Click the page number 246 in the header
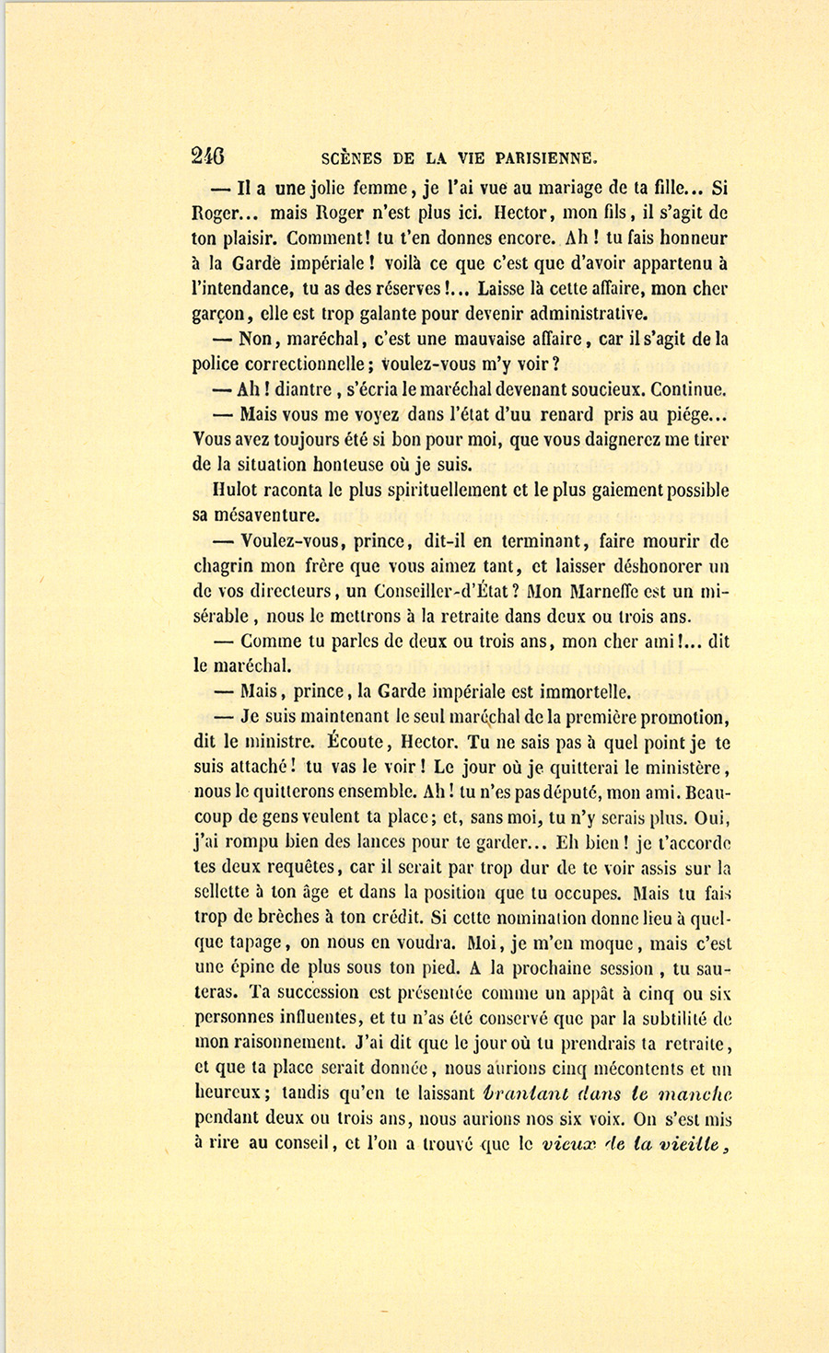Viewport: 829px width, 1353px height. pyautogui.click(x=208, y=156)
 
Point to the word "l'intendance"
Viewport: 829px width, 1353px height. pyautogui.click(x=239, y=288)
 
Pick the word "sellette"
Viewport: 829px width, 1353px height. pyautogui.click(x=227, y=893)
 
